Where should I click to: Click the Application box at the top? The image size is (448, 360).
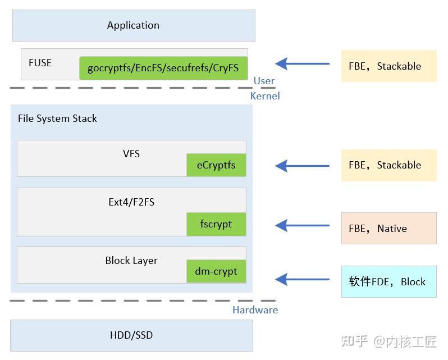click(x=133, y=25)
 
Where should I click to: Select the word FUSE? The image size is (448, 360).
click(x=40, y=62)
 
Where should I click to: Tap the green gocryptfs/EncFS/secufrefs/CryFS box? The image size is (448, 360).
click(x=163, y=68)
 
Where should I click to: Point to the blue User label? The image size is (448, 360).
click(x=264, y=81)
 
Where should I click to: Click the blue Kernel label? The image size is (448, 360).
click(x=264, y=95)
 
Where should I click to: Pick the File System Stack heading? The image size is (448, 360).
click(x=57, y=119)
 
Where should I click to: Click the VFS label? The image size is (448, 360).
click(x=131, y=153)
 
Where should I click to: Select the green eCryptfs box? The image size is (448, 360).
click(x=216, y=165)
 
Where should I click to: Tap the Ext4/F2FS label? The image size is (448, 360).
click(x=131, y=202)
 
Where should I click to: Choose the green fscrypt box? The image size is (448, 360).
click(x=216, y=224)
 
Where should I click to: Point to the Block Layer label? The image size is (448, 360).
click(x=131, y=261)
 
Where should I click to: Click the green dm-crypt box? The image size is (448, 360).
click(x=216, y=271)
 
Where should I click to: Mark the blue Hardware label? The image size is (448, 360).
click(x=255, y=310)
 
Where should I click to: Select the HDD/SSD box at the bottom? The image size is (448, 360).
click(x=131, y=335)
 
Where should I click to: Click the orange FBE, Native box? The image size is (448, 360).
click(x=388, y=228)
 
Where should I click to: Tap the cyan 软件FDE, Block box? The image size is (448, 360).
click(x=388, y=281)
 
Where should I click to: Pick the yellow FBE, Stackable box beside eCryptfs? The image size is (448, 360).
click(x=388, y=165)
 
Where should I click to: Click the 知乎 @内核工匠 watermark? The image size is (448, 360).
click(x=388, y=341)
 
